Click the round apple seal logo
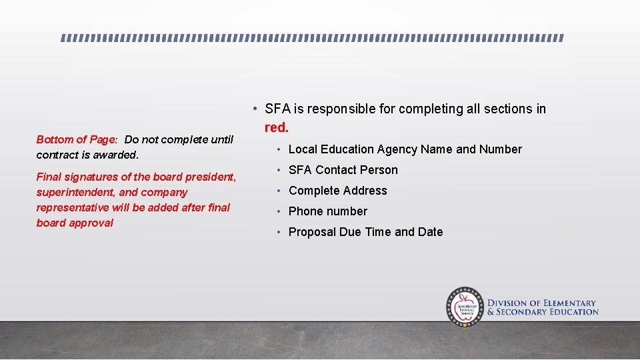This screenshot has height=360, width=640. [465, 307]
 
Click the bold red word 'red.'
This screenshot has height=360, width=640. [277, 127]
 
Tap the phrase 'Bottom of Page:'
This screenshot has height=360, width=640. [77, 139]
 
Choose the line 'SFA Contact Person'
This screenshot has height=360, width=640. [343, 170]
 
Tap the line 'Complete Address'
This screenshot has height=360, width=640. [337, 191]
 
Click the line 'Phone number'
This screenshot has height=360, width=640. [327, 211]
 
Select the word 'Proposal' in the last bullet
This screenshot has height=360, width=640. [311, 232]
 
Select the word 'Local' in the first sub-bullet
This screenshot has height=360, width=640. [302, 149]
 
